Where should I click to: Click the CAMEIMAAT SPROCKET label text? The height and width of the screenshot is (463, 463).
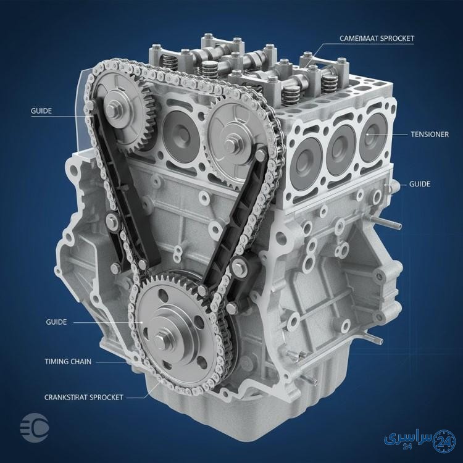pos(377,38)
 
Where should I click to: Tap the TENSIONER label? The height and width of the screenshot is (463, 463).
pos(430,135)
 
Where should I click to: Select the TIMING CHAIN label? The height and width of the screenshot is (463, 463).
pos(68,361)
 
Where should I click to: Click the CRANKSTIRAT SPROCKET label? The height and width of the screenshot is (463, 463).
pos(83,397)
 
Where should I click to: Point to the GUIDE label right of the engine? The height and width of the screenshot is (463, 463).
pos(420,184)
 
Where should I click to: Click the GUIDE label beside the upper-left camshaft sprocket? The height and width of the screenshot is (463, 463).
pos(41,111)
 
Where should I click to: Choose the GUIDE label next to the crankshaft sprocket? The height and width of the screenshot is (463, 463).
pos(56,322)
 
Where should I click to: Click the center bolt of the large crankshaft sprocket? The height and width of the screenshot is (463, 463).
pos(161,340)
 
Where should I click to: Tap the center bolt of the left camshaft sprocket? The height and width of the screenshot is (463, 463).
pos(112,109)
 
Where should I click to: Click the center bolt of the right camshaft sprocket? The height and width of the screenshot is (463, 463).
pos(231,143)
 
